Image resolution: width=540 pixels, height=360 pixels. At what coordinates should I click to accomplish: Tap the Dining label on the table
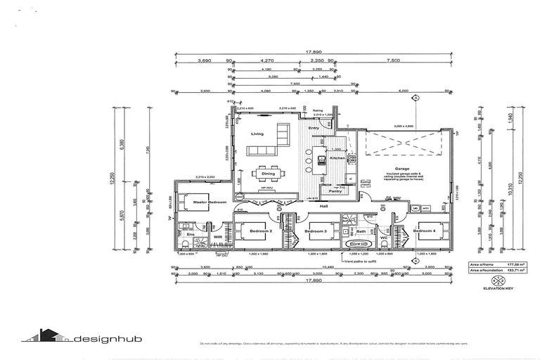click(x=269, y=173)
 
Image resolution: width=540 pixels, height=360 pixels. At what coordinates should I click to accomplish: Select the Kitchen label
click(x=338, y=158)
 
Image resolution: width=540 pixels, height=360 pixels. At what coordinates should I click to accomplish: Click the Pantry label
click(x=335, y=191)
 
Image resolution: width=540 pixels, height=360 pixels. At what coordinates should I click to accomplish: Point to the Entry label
click(x=323, y=128)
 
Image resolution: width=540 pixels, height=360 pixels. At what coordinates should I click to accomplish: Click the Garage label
click(x=401, y=169)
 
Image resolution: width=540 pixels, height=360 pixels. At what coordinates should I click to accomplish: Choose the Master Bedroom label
click(x=210, y=202)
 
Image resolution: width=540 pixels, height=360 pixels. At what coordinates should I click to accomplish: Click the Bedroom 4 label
click(x=425, y=231)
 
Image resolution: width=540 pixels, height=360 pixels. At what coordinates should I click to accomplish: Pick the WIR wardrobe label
click(x=218, y=238)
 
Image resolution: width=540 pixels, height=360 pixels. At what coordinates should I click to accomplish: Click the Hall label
click(x=323, y=206)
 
